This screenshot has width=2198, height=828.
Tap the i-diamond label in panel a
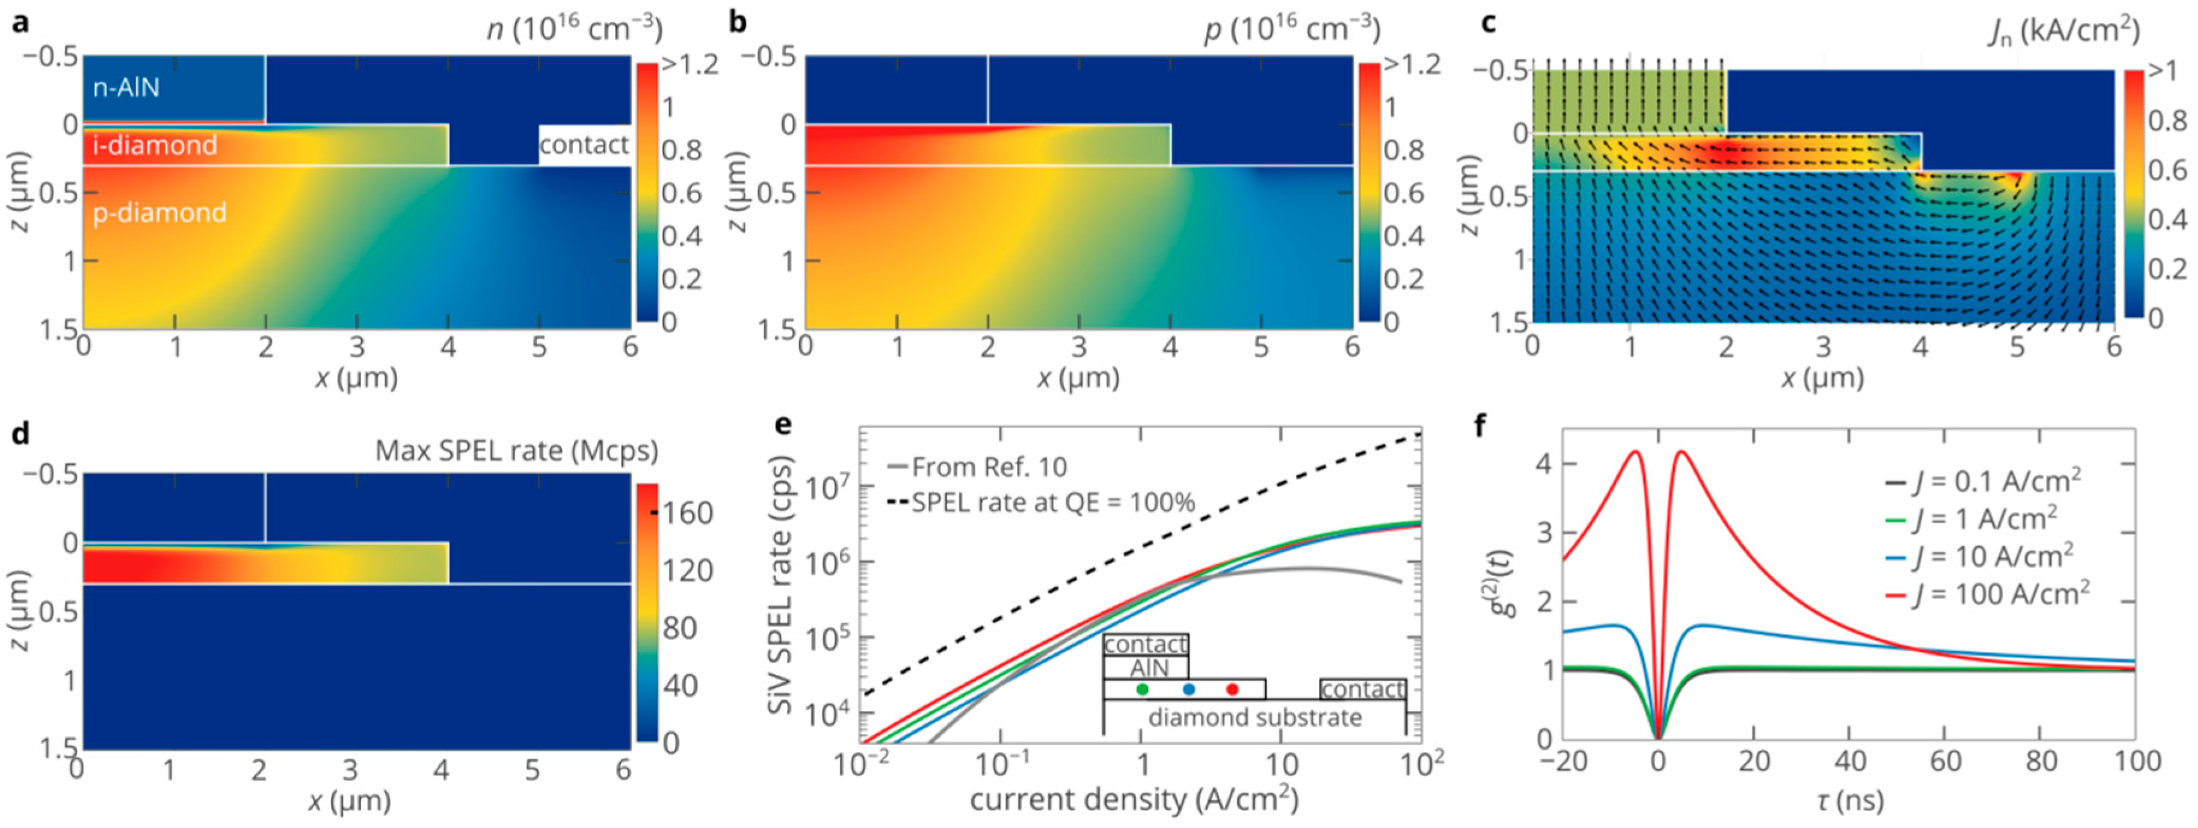coord(155,145)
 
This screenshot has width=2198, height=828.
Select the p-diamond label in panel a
coord(159,213)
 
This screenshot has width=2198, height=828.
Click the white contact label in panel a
coord(584,145)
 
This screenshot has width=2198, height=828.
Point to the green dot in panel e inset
coord(1143,689)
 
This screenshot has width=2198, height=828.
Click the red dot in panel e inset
coord(1231,689)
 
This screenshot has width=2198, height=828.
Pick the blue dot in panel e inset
coord(1188,689)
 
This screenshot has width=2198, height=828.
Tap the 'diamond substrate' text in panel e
coord(1255,717)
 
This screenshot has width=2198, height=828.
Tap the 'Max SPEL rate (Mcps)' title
coord(516,450)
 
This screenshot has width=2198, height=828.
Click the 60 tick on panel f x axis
coord(1945,761)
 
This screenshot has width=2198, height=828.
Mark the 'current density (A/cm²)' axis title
coord(1134,800)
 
